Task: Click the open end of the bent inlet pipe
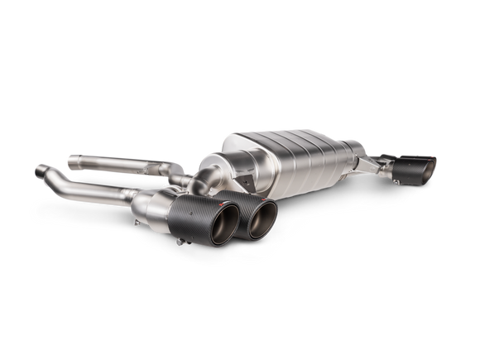click(39, 173)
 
